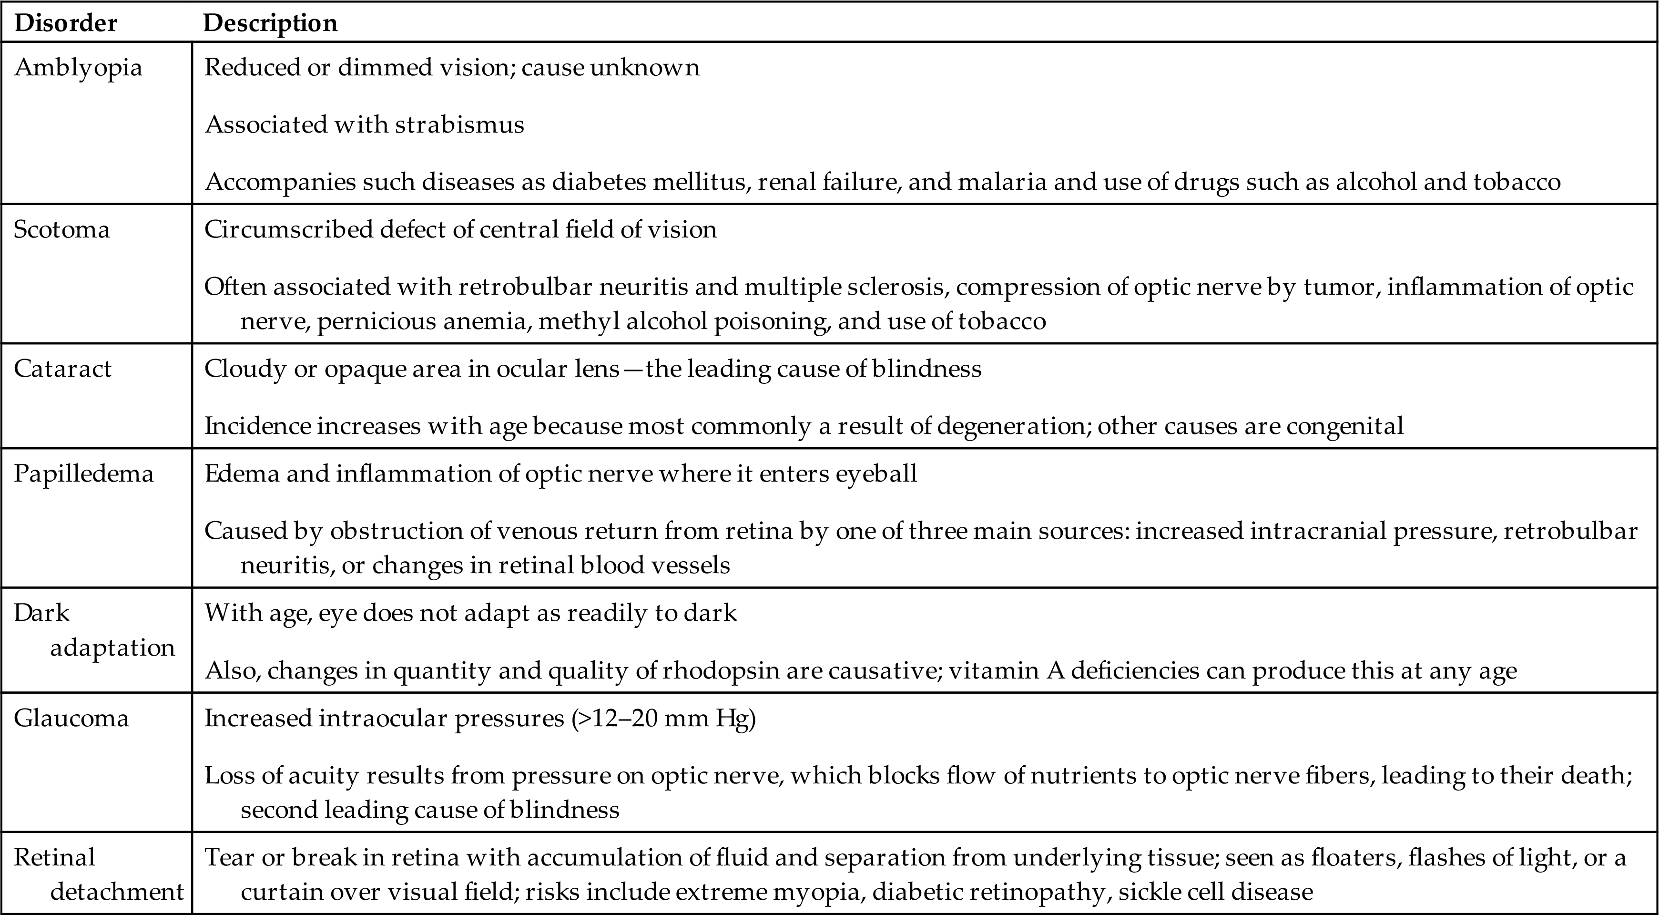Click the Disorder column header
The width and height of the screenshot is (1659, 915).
(x=65, y=23)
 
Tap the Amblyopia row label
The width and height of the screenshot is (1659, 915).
(x=78, y=68)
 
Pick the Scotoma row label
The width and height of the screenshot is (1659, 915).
(x=62, y=230)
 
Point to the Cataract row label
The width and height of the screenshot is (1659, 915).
(x=62, y=369)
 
